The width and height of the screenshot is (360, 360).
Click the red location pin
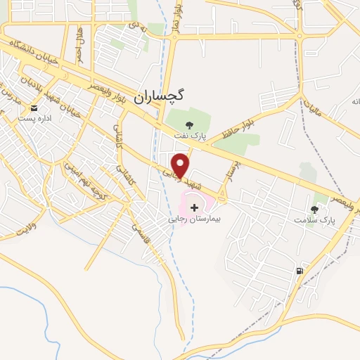(181, 165)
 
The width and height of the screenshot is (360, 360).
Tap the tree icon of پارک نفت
(188, 125)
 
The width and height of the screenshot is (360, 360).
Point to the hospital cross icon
(194, 207)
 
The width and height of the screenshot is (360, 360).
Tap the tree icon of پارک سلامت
(314, 210)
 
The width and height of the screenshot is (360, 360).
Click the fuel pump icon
(300, 271)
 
